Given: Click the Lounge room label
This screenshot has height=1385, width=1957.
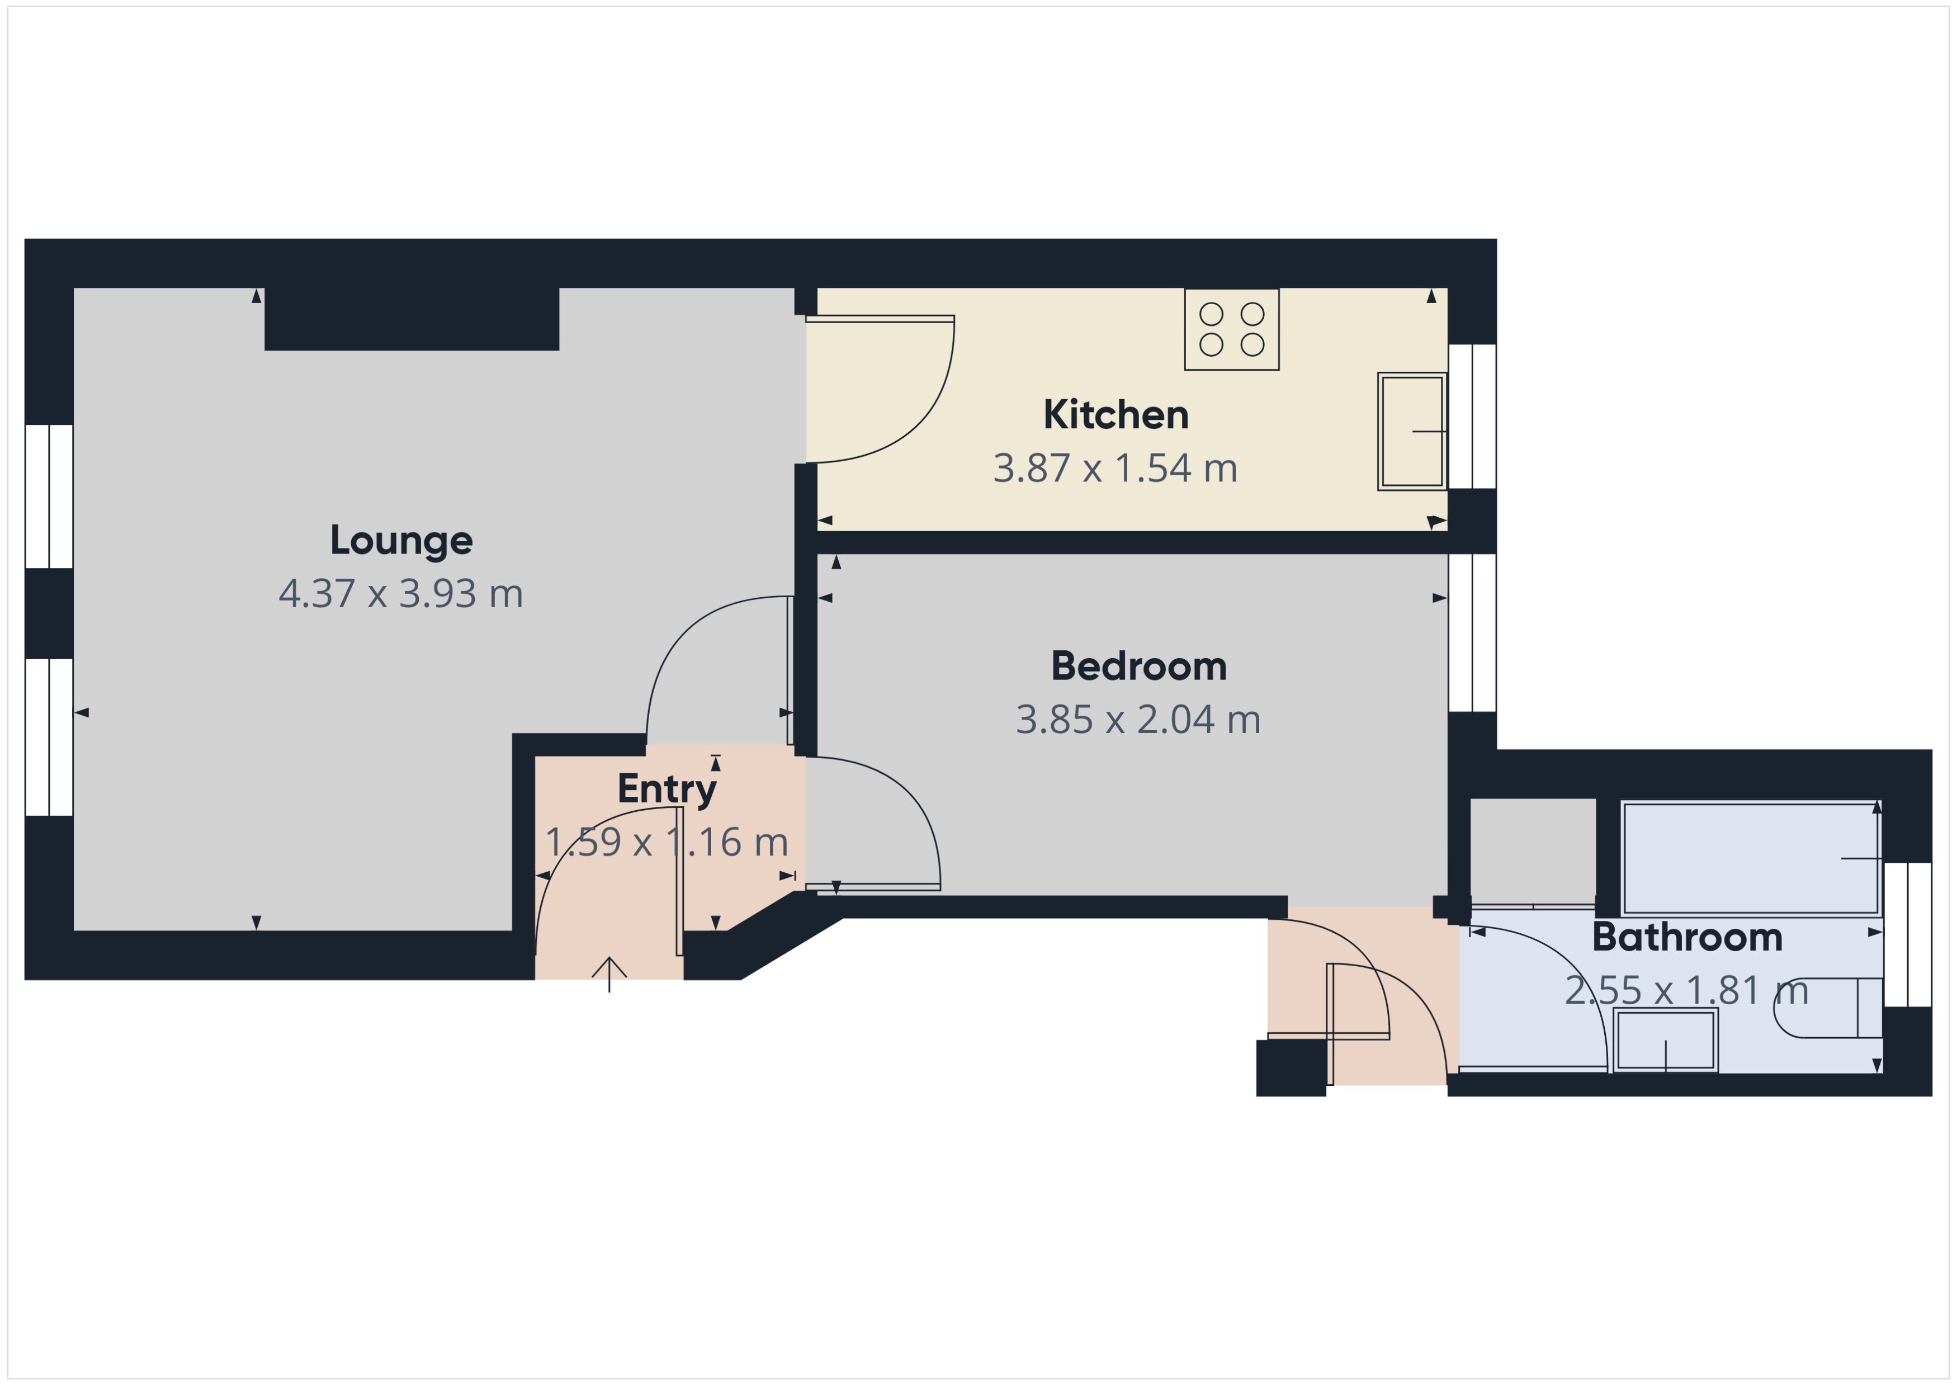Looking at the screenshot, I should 401,540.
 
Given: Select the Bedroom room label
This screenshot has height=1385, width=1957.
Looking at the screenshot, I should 1138,666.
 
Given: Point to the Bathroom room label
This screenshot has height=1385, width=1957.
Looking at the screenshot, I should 1687,937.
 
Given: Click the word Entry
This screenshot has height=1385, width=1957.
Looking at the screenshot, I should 667,789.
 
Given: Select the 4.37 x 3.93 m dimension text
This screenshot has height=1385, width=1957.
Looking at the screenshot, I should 401,594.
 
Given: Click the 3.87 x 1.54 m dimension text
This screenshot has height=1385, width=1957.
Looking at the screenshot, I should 1115,468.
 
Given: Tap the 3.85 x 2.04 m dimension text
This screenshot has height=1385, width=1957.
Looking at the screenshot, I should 1138,720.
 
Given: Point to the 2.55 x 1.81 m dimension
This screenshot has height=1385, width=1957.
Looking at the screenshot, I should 1687,990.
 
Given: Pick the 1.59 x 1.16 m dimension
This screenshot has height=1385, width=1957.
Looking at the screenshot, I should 667,843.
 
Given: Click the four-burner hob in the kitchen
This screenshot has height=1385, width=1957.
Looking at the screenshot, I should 1231,329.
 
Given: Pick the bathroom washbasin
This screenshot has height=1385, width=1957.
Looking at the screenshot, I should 1665,1039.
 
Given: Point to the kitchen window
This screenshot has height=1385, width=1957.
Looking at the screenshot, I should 1473,416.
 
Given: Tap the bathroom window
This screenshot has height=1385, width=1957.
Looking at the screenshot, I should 1908,935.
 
